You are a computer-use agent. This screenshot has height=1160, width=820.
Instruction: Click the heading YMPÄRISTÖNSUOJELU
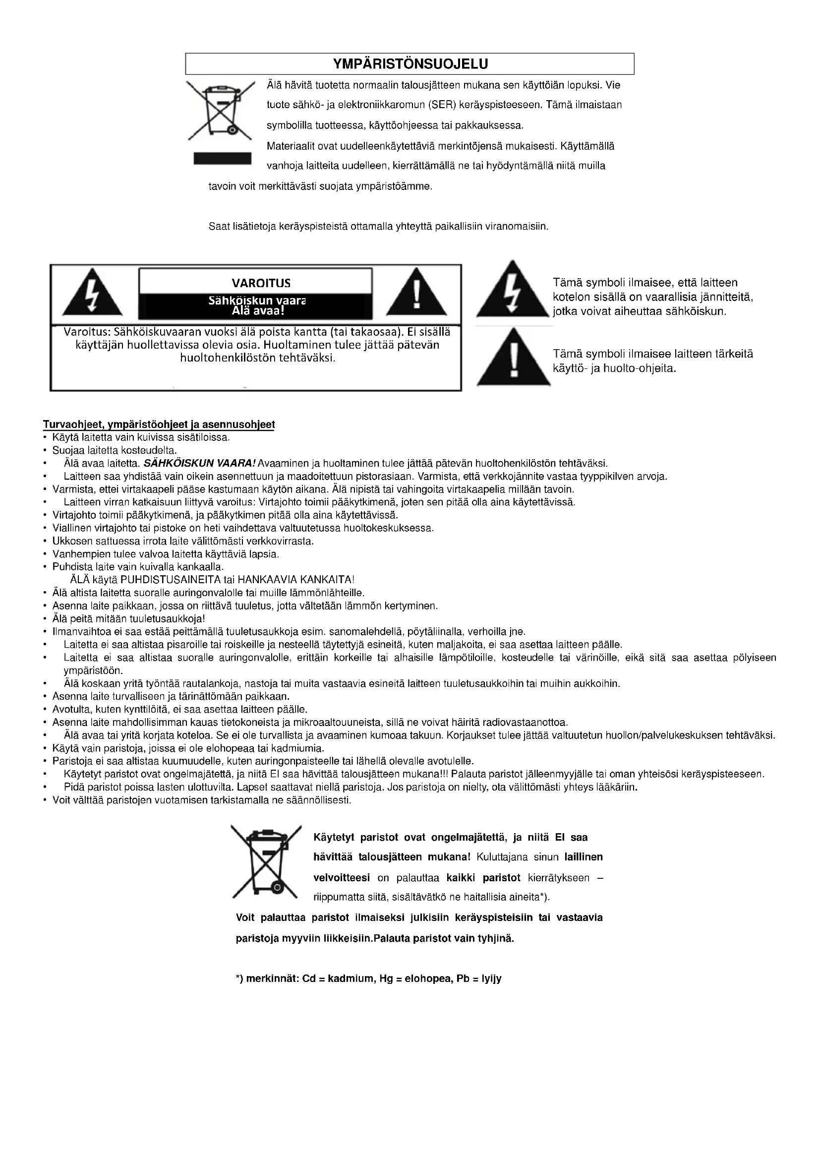click(410, 64)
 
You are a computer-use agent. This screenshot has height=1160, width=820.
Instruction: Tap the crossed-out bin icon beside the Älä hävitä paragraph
click(220, 110)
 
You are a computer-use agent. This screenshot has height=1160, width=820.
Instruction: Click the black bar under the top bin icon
click(223, 158)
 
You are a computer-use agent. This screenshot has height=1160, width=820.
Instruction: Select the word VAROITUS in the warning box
click(261, 283)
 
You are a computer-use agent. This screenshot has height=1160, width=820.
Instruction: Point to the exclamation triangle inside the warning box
click(416, 295)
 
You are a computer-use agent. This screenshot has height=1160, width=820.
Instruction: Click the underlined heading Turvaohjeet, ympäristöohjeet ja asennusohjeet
click(159, 425)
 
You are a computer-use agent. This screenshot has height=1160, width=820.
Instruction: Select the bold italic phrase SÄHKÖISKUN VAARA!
click(200, 463)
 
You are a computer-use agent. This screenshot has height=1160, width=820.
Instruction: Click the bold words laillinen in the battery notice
click(583, 857)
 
